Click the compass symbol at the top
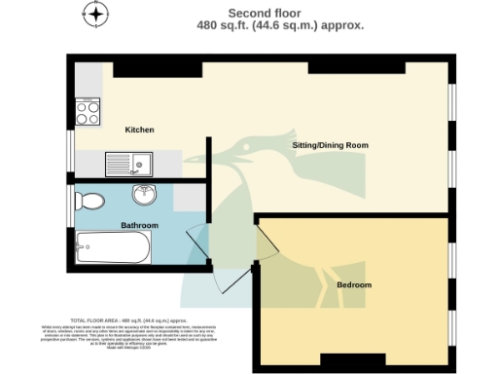(94, 15)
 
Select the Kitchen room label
(139, 130)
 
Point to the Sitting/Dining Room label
(331, 145)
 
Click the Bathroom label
(139, 224)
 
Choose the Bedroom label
(354, 284)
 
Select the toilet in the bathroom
(90, 203)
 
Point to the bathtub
(115, 247)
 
